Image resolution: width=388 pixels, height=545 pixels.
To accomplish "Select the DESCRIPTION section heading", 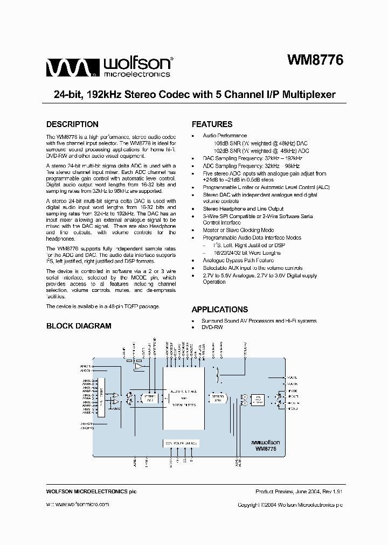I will (x=72, y=124).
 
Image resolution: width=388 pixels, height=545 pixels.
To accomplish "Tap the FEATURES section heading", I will (x=212, y=124).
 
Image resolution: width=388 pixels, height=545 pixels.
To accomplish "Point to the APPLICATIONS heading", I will (x=220, y=310).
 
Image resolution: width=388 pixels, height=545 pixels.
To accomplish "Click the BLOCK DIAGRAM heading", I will (x=79, y=326).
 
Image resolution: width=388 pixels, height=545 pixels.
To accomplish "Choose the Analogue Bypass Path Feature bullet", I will (x=238, y=260).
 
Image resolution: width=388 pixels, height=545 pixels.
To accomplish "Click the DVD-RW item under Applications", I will (x=212, y=327).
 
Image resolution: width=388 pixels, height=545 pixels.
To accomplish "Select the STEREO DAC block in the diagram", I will (x=217, y=399).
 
